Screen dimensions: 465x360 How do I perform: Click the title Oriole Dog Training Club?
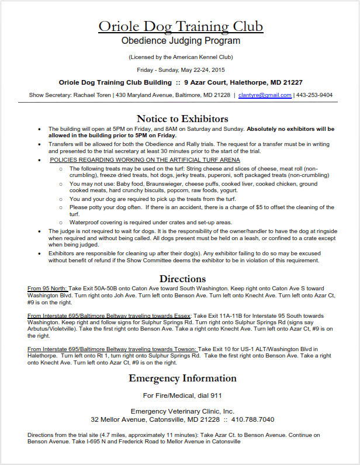click(181, 26)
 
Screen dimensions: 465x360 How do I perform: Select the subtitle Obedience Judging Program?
click(181, 41)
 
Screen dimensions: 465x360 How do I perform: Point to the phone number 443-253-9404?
click(314, 95)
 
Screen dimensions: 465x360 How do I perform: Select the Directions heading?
click(182, 279)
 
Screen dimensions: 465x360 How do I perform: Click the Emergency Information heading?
click(182, 378)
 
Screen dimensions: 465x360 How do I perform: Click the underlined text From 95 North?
click(47, 289)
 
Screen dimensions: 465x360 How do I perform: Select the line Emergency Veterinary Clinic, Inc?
click(182, 411)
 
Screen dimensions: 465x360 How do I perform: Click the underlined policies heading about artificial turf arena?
click(145, 159)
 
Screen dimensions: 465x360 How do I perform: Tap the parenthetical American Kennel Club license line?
click(181, 57)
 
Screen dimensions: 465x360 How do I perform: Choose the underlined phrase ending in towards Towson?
click(112, 349)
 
